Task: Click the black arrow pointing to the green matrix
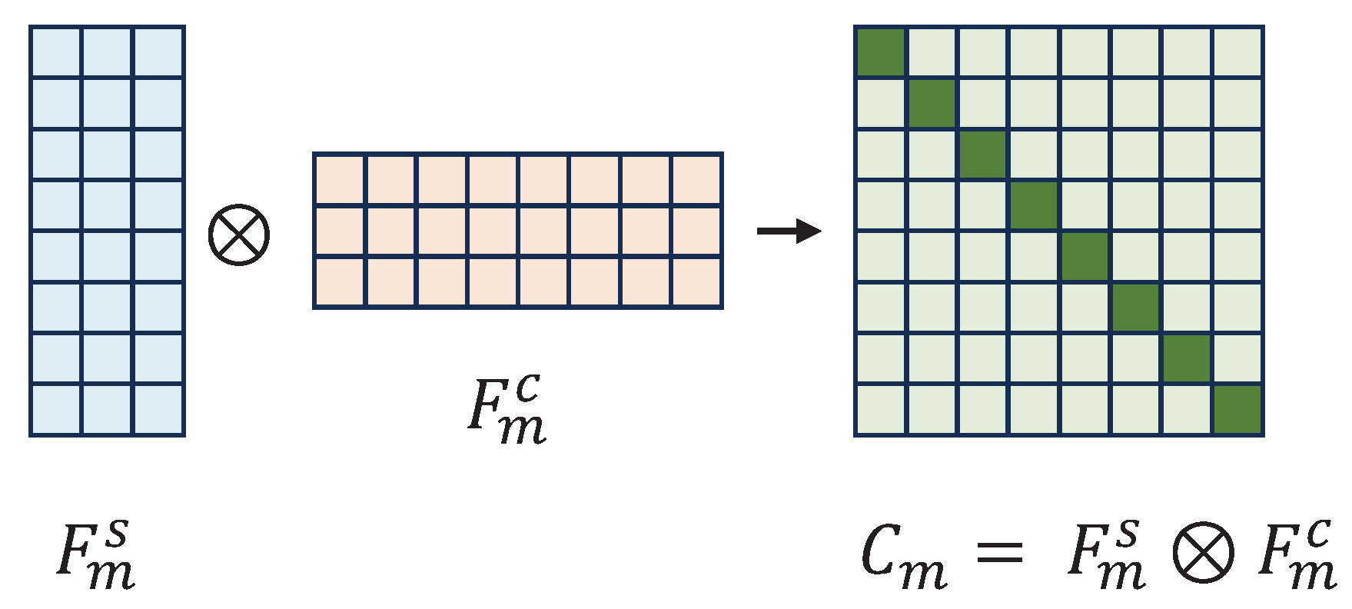click(789, 231)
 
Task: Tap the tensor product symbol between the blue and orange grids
click(239, 235)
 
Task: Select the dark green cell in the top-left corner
click(881, 52)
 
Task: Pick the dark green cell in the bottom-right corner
click(1237, 410)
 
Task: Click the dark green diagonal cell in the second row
click(932, 103)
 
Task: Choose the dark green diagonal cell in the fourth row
click(1034, 205)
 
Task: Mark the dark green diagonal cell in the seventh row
click(1187, 358)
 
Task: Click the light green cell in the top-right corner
click(1237, 52)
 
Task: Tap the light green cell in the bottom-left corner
click(881, 410)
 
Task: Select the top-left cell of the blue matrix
click(55, 52)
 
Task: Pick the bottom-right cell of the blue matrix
click(158, 410)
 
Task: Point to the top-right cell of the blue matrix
click(158, 52)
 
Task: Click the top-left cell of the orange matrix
click(339, 180)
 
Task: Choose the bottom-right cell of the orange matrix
click(696, 282)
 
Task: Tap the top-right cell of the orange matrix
click(696, 180)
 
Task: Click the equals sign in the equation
click(999, 552)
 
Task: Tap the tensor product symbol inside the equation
click(1203, 552)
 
